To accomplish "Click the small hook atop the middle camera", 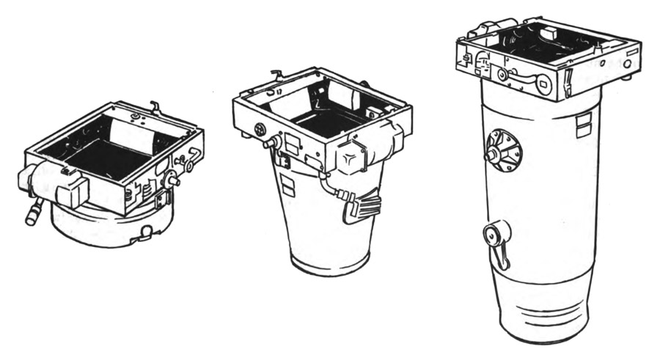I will click(x=276, y=73).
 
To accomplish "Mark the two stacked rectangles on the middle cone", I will click(x=286, y=185).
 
